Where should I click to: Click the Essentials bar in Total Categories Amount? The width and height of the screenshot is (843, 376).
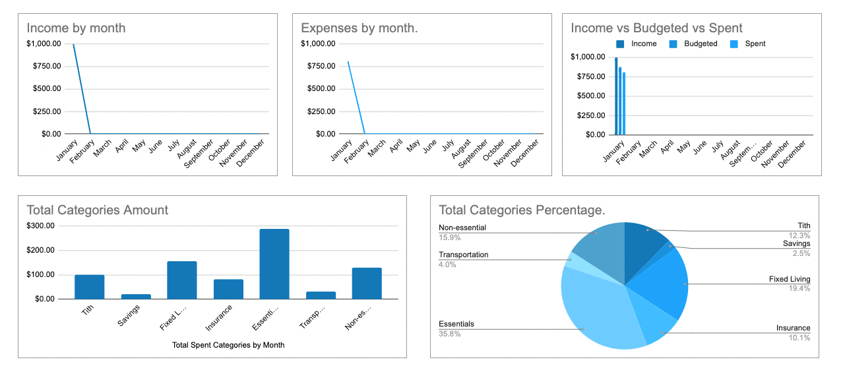(274, 264)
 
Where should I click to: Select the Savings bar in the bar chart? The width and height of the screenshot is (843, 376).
(135, 296)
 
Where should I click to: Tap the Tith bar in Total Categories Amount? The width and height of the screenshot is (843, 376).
(89, 286)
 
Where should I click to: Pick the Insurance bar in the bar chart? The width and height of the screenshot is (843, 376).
(228, 289)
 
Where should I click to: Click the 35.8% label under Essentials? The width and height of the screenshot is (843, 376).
(450, 334)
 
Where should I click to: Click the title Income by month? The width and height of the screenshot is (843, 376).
(76, 28)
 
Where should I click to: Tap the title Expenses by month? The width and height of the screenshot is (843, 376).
(359, 28)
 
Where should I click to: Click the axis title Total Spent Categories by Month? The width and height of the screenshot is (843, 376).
(228, 345)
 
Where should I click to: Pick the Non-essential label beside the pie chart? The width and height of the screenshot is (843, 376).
(462, 228)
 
